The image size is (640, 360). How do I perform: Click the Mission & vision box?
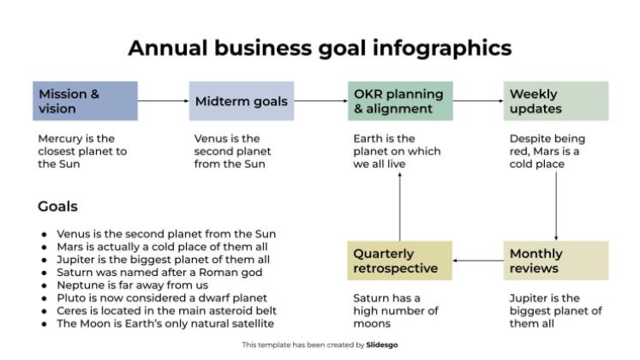pyautogui.click(x=85, y=101)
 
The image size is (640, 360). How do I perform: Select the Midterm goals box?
pyautogui.click(x=242, y=101)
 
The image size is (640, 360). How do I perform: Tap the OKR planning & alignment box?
pyautogui.click(x=400, y=101)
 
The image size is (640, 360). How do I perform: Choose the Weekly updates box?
pyautogui.click(x=556, y=101)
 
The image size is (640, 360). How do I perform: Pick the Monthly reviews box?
pyautogui.click(x=556, y=261)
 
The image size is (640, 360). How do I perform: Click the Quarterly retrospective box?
pyautogui.click(x=399, y=261)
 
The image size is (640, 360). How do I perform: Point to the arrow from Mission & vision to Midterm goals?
pyautogui.click(x=164, y=101)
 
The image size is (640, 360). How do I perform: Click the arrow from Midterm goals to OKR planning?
pyautogui.click(x=320, y=101)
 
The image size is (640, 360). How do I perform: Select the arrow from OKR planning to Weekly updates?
pyautogui.click(x=478, y=101)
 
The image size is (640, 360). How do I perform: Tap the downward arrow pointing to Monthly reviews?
pyautogui.click(x=556, y=206)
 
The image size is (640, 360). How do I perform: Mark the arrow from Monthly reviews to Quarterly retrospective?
pyautogui.click(x=478, y=261)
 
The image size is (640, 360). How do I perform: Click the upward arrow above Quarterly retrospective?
pyautogui.click(x=399, y=207)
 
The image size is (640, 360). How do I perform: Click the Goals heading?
pyautogui.click(x=57, y=207)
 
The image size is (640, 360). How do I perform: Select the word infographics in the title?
pyautogui.click(x=442, y=48)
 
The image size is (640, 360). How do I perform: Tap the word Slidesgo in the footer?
pyautogui.click(x=381, y=345)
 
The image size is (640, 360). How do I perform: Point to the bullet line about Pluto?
pyautogui.click(x=162, y=298)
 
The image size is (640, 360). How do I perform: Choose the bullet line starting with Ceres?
pyautogui.click(x=166, y=310)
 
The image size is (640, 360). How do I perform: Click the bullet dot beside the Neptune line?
pyautogui.click(x=44, y=285)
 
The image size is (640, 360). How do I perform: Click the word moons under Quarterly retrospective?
pyautogui.click(x=372, y=324)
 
